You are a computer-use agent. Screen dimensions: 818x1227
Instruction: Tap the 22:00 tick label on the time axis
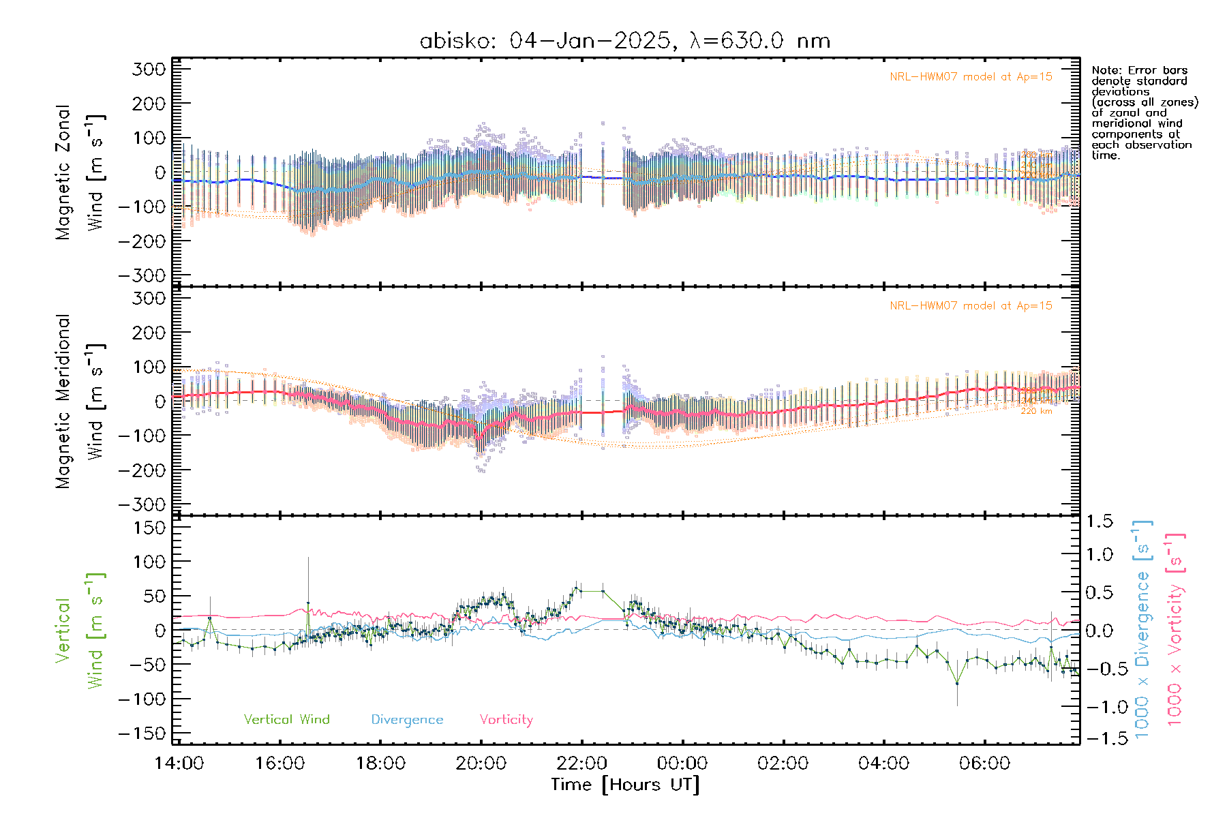581,763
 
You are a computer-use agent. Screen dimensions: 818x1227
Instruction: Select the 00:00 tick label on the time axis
682,763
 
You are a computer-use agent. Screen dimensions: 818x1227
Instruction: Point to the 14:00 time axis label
179,763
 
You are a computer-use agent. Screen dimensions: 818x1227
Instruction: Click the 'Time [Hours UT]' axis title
625,785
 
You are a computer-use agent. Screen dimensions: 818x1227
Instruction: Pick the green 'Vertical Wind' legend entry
286,719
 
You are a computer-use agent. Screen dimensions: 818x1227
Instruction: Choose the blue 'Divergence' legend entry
407,719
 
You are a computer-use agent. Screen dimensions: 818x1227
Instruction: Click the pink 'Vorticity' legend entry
506,719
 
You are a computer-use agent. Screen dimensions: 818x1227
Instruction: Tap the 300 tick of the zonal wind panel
149,69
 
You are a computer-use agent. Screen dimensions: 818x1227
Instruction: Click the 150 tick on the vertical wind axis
149,528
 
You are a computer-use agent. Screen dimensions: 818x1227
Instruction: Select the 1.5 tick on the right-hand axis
1100,521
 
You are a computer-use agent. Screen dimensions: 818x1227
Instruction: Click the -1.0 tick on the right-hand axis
1100,707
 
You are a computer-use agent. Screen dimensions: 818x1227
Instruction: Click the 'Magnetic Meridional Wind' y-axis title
80,402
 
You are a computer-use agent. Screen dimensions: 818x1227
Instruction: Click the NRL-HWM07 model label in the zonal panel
971,77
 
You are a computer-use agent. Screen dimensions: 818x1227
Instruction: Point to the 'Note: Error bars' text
1140,70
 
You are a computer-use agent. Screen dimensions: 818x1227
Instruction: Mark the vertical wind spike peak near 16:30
308,603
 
